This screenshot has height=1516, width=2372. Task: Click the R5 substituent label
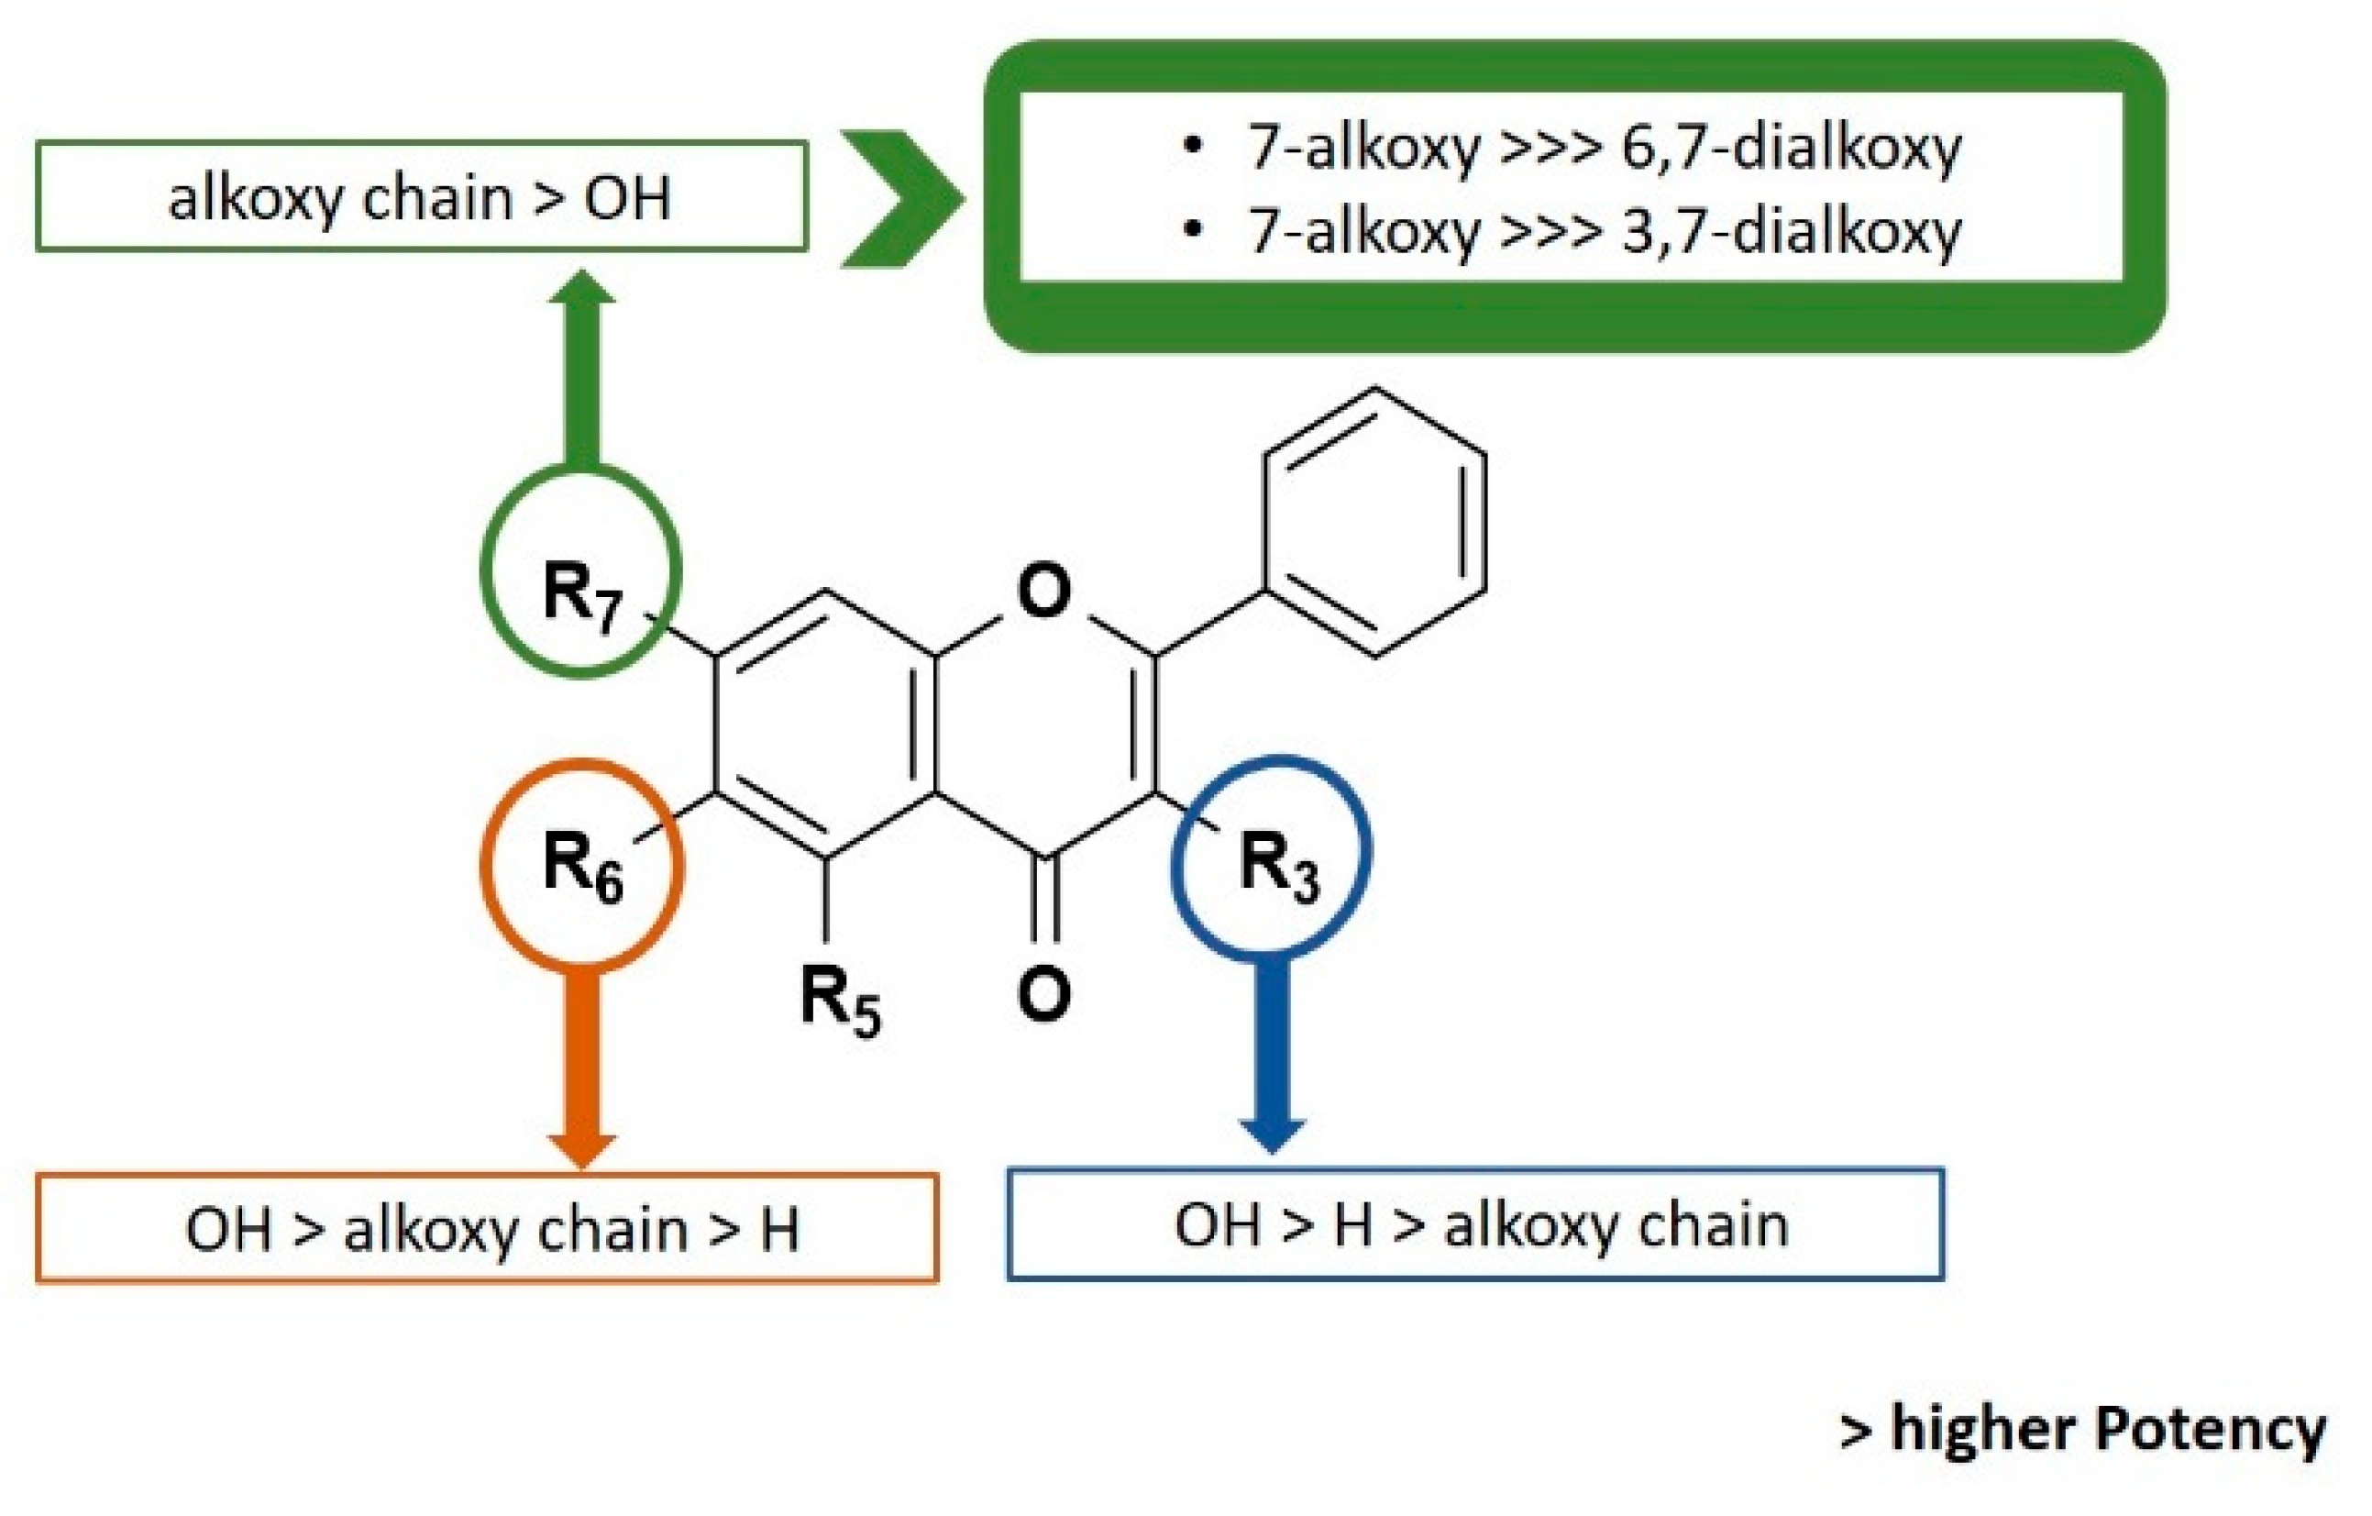(839, 1000)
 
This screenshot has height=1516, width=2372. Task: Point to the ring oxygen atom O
(1043, 590)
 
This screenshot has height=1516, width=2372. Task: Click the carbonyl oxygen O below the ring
(1043, 994)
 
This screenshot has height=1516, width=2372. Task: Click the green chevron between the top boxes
(901, 198)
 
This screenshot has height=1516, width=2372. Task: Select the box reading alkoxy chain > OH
(422, 197)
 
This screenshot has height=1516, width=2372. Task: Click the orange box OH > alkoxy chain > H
(488, 1228)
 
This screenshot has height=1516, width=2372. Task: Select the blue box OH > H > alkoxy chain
(1474, 1224)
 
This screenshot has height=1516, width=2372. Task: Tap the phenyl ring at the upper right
(1375, 522)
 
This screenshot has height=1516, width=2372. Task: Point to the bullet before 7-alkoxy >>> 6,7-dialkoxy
(1193, 146)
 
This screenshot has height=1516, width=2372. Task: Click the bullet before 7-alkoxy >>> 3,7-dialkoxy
(1193, 230)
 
